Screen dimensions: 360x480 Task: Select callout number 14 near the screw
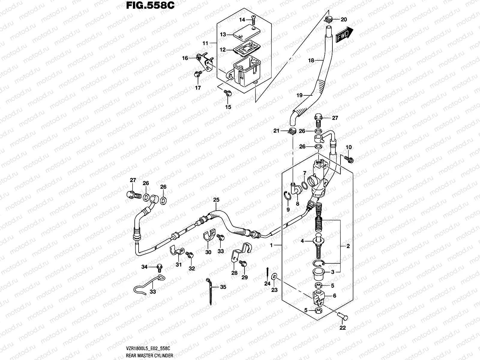[242, 19]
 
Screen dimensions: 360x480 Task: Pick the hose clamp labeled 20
[329, 20]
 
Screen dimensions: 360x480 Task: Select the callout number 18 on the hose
[311, 61]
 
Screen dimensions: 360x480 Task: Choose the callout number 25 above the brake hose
[216, 199]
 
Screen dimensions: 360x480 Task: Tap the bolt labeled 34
[159, 266]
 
